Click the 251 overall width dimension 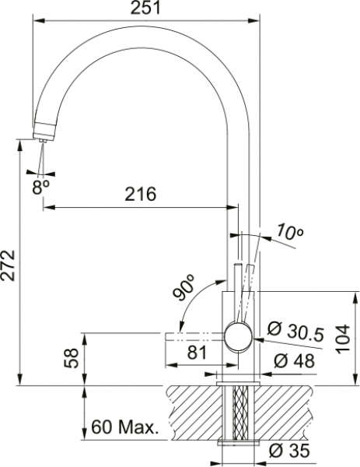point(145,8)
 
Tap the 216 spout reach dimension point(141,194)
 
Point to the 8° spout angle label point(40,187)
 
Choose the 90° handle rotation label point(183,288)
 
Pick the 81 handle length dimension point(197,353)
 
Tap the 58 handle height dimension point(72,358)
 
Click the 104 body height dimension point(343,339)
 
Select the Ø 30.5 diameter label point(295,331)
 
